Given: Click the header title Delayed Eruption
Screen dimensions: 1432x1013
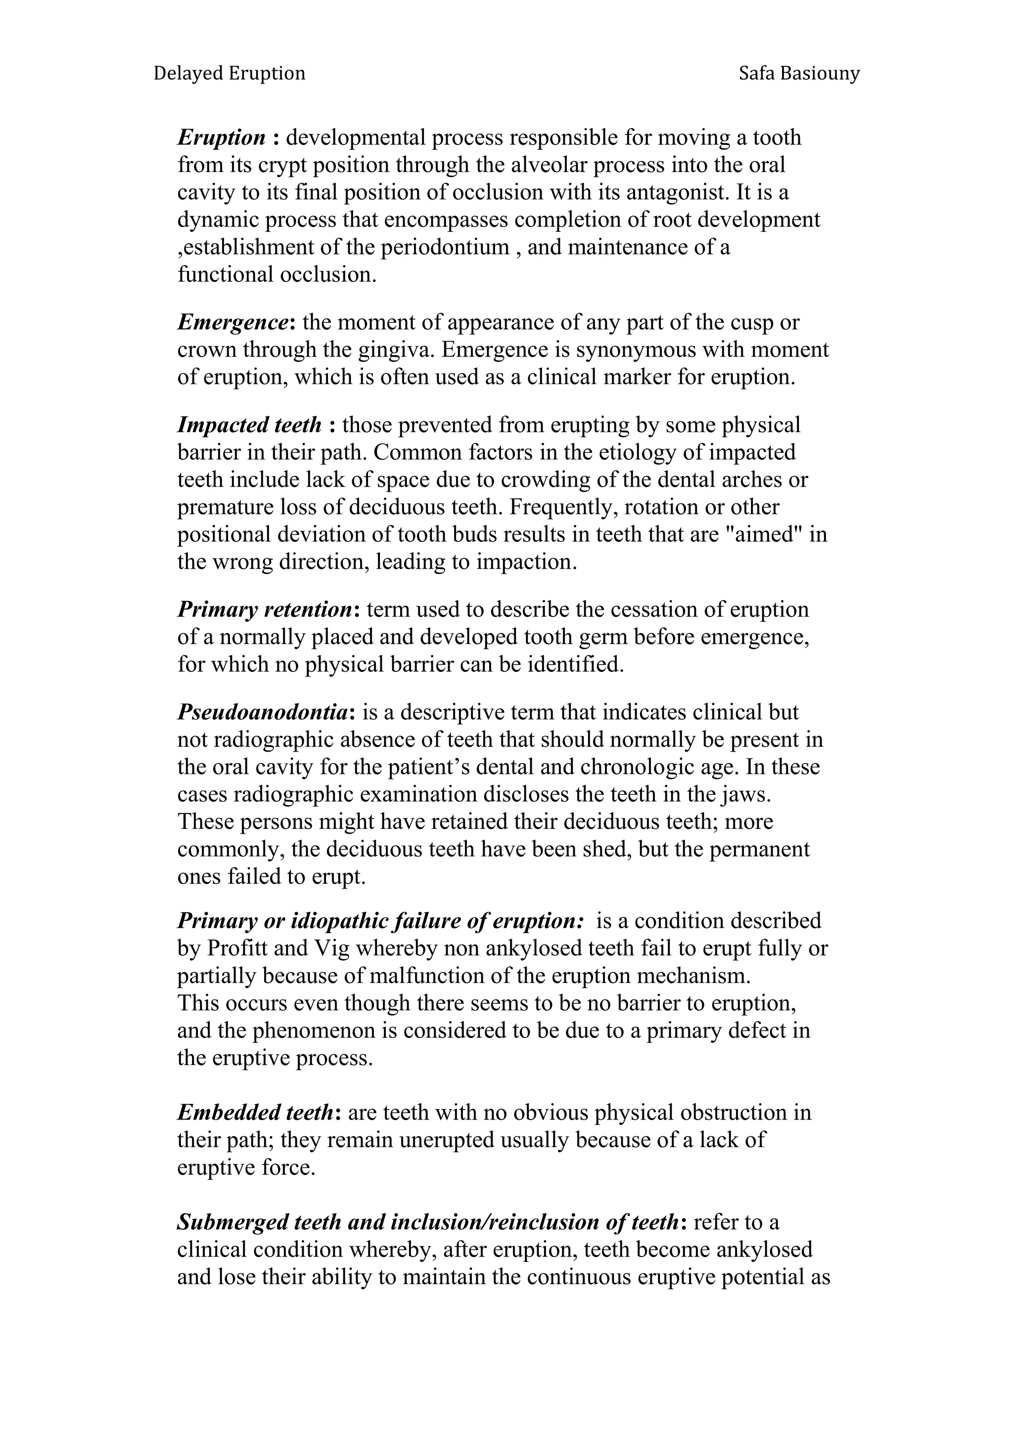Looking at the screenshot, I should point(229,74).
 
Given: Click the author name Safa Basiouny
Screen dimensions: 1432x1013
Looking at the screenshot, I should point(798,74).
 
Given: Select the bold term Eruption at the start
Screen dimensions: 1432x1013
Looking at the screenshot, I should point(222,137).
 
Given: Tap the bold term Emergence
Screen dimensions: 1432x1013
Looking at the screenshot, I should point(232,322).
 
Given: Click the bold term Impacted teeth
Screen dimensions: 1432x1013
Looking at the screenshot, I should point(249,425).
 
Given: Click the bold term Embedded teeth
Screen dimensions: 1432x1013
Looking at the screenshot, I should point(256,1113).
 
